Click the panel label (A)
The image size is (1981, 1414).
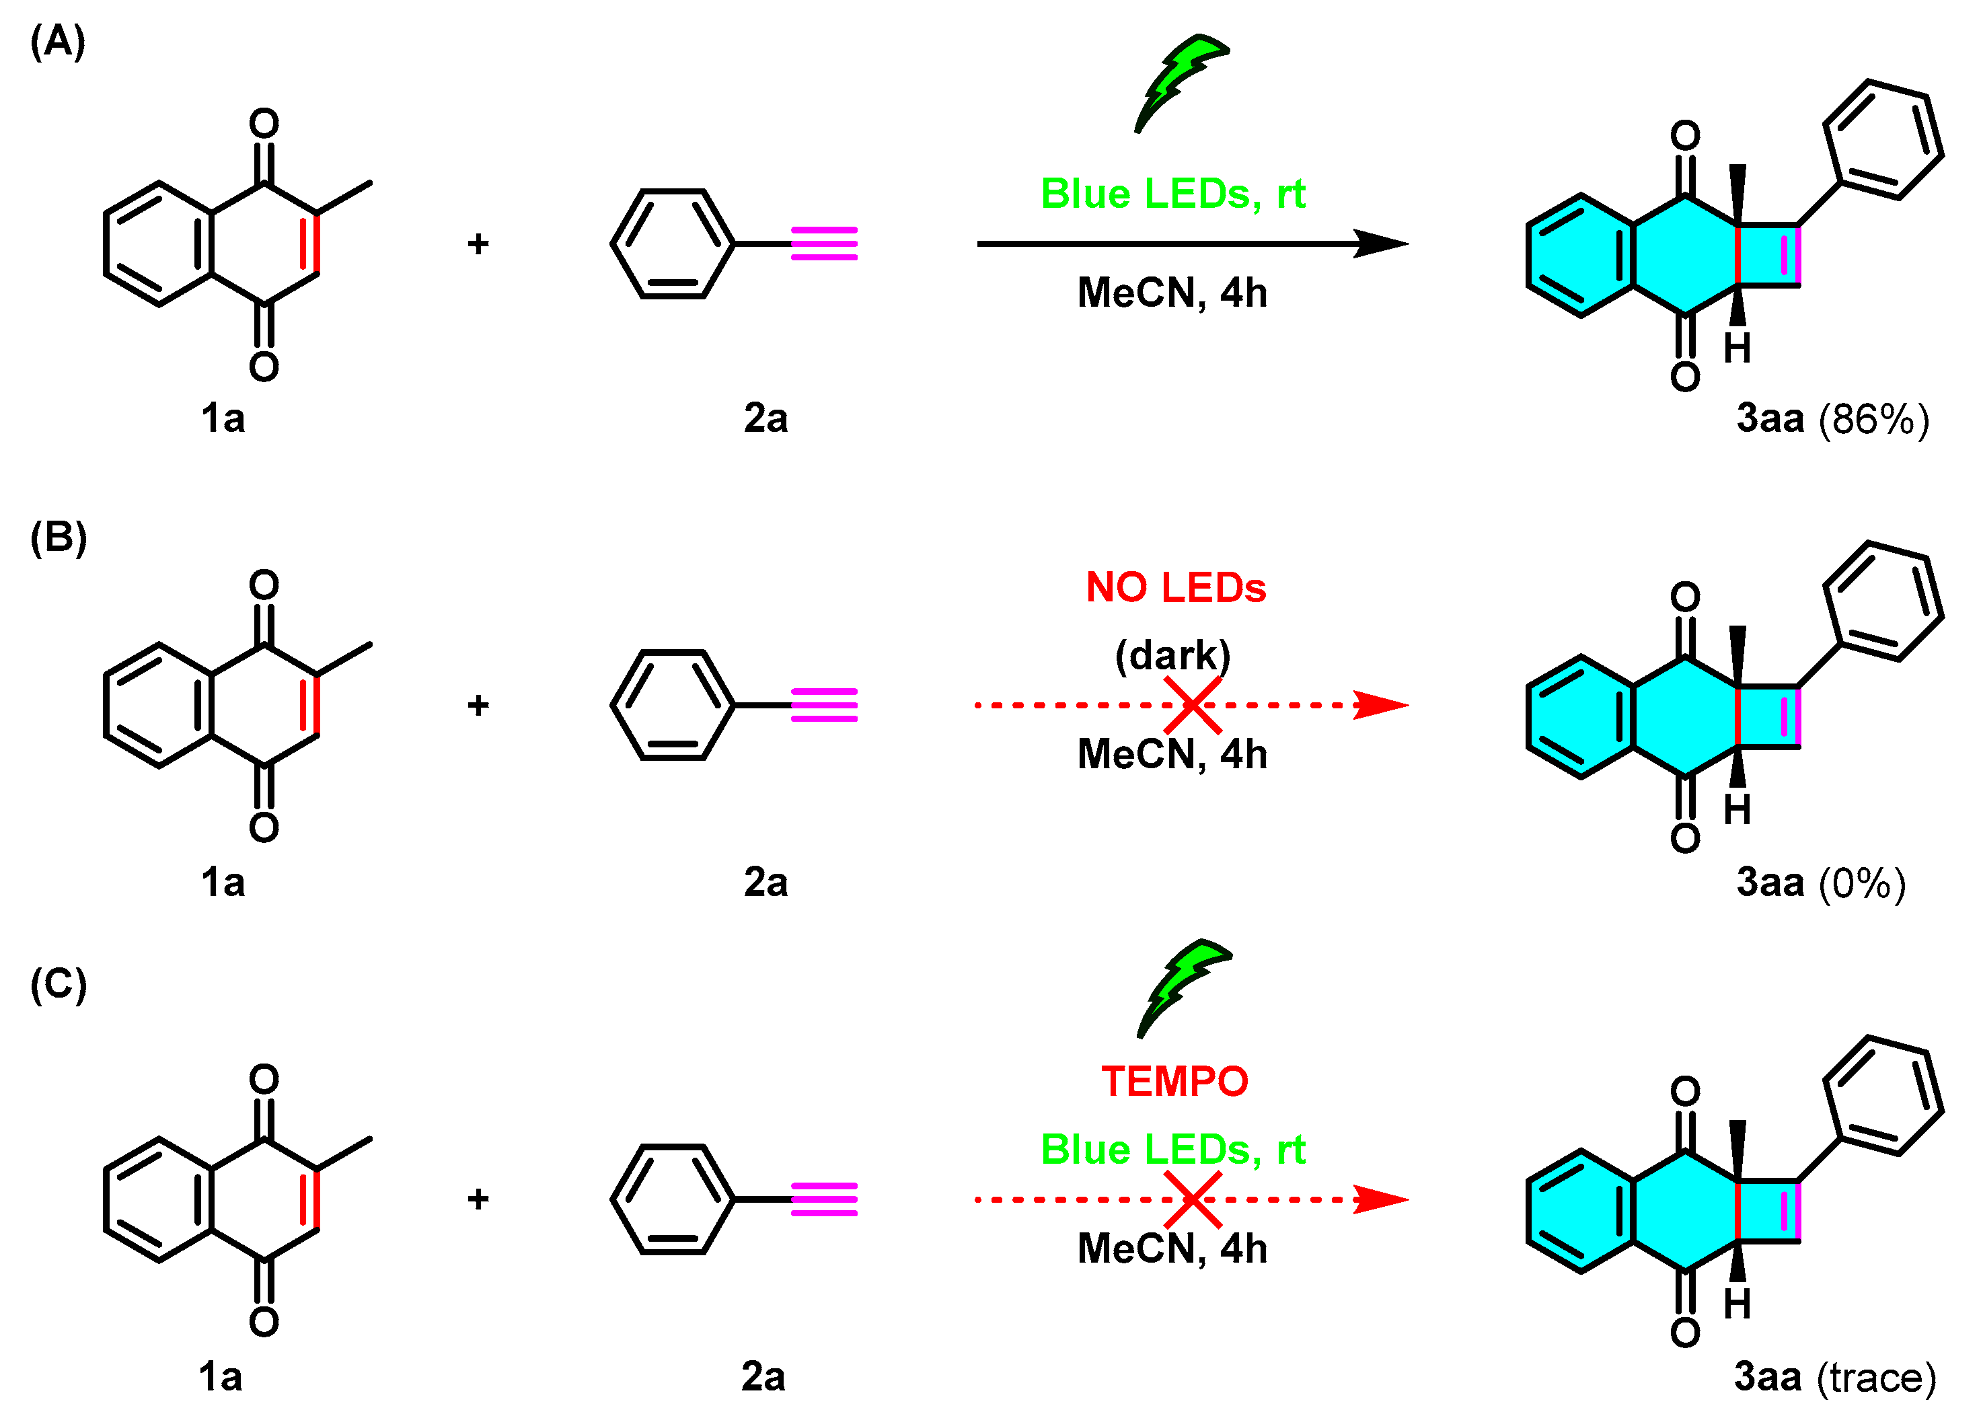[x=57, y=41]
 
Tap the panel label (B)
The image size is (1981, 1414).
[x=59, y=537]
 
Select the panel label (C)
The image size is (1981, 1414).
[x=59, y=984]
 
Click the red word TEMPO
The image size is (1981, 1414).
[x=1174, y=1082]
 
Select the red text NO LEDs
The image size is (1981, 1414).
[x=1175, y=588]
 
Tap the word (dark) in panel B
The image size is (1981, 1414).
[x=1172, y=655]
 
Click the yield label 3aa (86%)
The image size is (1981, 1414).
[x=1832, y=419]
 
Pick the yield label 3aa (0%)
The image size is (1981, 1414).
[x=1821, y=883]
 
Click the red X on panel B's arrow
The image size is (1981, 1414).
[x=1193, y=705]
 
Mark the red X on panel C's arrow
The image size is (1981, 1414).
[x=1193, y=1200]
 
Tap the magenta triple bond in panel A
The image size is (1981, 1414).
[x=823, y=244]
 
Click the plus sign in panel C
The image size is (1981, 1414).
[x=478, y=1200]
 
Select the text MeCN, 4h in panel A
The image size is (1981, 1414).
[x=1172, y=293]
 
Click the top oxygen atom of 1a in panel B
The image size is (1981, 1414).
[x=264, y=584]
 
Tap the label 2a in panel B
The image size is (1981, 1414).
[x=765, y=882]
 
